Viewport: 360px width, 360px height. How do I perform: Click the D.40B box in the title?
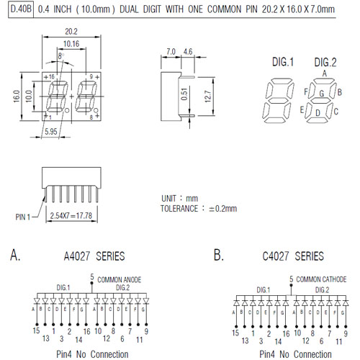21,9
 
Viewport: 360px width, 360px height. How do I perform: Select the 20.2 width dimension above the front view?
71,32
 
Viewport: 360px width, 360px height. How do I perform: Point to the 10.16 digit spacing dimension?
71,44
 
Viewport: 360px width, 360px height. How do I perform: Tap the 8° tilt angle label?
61,56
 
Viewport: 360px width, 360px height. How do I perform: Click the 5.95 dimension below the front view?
51,132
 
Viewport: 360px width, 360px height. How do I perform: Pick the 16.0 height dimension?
17,96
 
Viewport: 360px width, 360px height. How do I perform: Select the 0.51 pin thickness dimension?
184,94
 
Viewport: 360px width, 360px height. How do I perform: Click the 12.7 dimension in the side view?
208,96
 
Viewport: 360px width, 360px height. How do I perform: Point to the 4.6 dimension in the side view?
188,52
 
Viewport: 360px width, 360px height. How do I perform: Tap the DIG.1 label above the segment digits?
283,62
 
